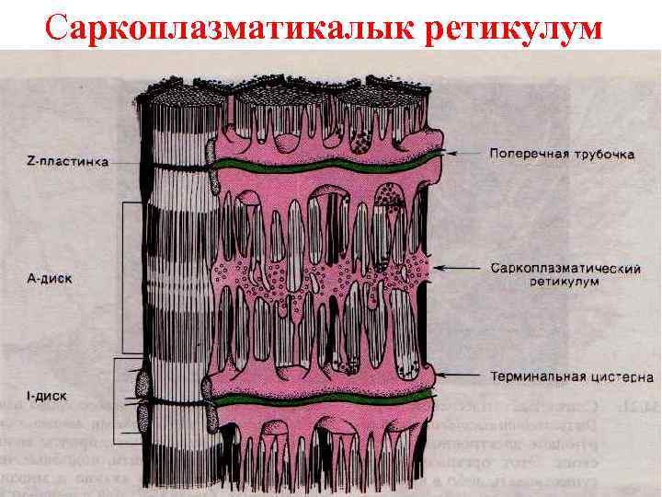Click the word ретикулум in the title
point(515,29)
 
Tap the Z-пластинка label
point(67,161)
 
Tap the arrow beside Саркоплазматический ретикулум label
point(460,269)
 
